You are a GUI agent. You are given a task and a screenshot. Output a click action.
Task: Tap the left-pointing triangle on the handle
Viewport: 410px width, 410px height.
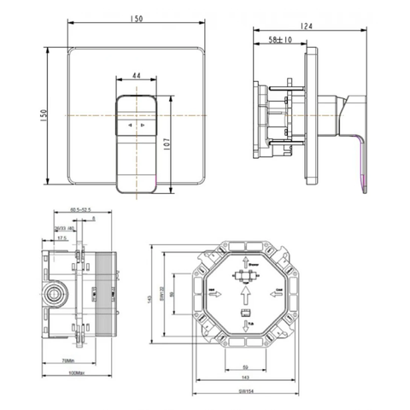130,125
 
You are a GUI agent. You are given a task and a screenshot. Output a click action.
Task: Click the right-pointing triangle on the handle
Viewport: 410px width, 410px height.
143,125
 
